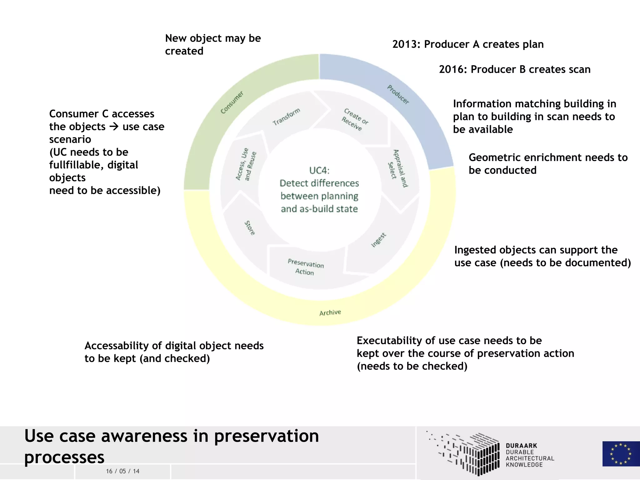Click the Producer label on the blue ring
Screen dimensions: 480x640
[398, 95]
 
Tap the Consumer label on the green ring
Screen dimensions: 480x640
[232, 102]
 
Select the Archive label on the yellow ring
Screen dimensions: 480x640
[330, 312]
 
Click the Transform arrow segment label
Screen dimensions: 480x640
[286, 117]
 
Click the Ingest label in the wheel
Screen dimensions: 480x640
[379, 240]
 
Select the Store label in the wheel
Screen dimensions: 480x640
[250, 228]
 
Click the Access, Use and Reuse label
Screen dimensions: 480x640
[246, 165]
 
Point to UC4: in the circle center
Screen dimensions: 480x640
[319, 170]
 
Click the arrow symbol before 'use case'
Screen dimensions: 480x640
[114, 127]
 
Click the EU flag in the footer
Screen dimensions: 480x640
[621, 453]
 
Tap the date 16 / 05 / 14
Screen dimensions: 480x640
[122, 471]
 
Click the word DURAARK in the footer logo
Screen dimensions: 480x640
[521, 446]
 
